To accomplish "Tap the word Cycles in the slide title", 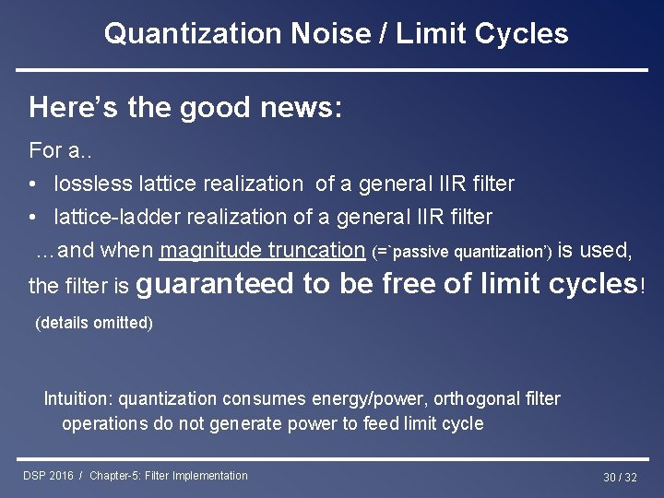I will (522, 34).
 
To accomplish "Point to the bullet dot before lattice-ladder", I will (33, 218).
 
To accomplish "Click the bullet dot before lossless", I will (33, 184).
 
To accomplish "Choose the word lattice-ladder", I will (112, 217).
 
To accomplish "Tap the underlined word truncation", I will (315, 250).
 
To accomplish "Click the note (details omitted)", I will (93, 323).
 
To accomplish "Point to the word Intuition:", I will (78, 399).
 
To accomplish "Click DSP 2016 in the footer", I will (48, 476).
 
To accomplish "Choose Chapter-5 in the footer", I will (121, 476).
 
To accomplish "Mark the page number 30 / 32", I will (620, 477).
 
